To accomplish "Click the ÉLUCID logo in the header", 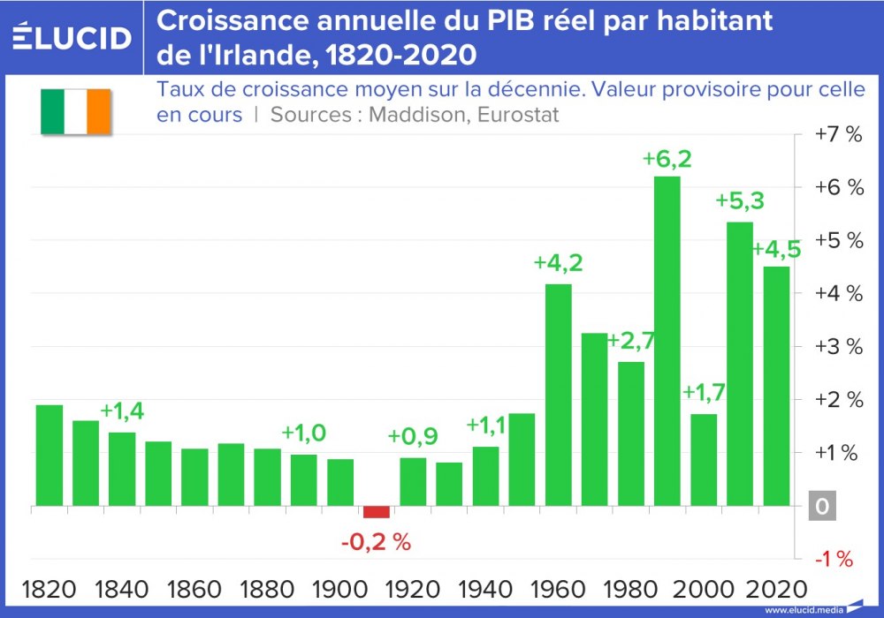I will tap(72, 37).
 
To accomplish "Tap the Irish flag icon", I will tap(74, 111).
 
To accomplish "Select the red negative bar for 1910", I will tap(377, 512).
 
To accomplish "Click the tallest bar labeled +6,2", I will tap(667, 341).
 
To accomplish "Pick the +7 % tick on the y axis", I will tap(838, 135).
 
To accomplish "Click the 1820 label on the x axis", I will tap(50, 589).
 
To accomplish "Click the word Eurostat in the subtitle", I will tap(522, 115).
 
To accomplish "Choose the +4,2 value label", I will tap(559, 263).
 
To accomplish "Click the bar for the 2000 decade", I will tap(704, 459).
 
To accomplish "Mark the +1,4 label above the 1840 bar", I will tap(124, 411).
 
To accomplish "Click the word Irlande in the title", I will tap(247, 55).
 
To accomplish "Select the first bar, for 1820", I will tap(50, 456).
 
